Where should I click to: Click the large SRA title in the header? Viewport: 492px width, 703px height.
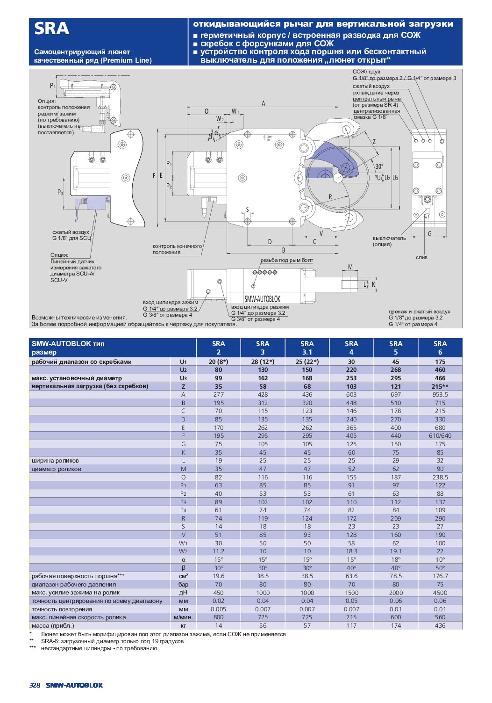(x=51, y=29)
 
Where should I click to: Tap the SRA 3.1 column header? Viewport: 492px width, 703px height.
(x=307, y=348)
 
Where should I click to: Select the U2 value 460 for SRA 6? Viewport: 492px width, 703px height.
(x=440, y=370)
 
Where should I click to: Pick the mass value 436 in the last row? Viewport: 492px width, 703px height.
(x=440, y=625)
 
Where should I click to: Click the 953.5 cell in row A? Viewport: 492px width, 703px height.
(x=440, y=394)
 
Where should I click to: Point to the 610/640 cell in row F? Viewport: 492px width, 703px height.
(x=440, y=435)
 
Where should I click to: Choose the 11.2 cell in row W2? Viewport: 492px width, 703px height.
(x=218, y=551)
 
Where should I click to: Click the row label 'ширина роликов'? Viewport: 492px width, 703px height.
(x=55, y=460)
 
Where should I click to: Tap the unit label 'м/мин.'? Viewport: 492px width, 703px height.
(x=183, y=617)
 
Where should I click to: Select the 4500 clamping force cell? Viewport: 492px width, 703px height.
(x=440, y=593)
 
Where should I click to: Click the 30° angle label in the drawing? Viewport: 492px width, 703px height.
(x=379, y=166)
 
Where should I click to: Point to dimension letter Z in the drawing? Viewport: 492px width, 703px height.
(x=374, y=142)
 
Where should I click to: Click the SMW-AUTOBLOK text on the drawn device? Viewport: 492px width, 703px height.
(x=262, y=299)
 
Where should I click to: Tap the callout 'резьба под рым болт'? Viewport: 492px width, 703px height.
(x=286, y=260)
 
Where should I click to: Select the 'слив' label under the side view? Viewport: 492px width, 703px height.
(x=421, y=257)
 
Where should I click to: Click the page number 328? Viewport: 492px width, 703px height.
(x=35, y=685)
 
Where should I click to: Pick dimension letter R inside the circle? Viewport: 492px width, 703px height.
(x=330, y=197)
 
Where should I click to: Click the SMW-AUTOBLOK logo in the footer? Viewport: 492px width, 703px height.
(x=74, y=685)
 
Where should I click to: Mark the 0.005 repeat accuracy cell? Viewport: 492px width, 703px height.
(x=218, y=609)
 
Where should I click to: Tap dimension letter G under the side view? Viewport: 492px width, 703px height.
(x=429, y=233)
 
